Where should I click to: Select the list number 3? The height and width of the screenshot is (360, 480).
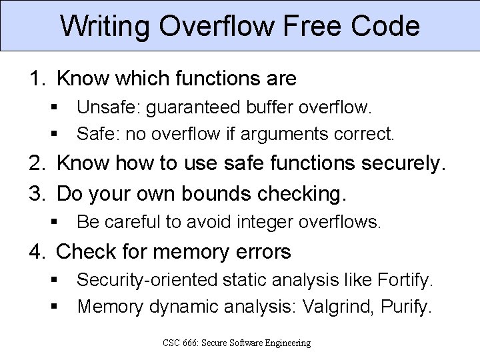[x=37, y=194]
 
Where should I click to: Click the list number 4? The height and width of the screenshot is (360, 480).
[x=37, y=252]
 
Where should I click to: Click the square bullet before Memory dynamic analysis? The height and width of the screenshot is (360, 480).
[x=52, y=307]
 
